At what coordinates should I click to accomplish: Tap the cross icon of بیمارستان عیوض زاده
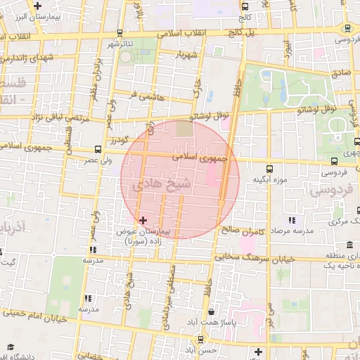[x=143, y=221]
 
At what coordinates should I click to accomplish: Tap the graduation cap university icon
[x=10, y=347]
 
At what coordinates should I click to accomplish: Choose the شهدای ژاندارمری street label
[x=28, y=58]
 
